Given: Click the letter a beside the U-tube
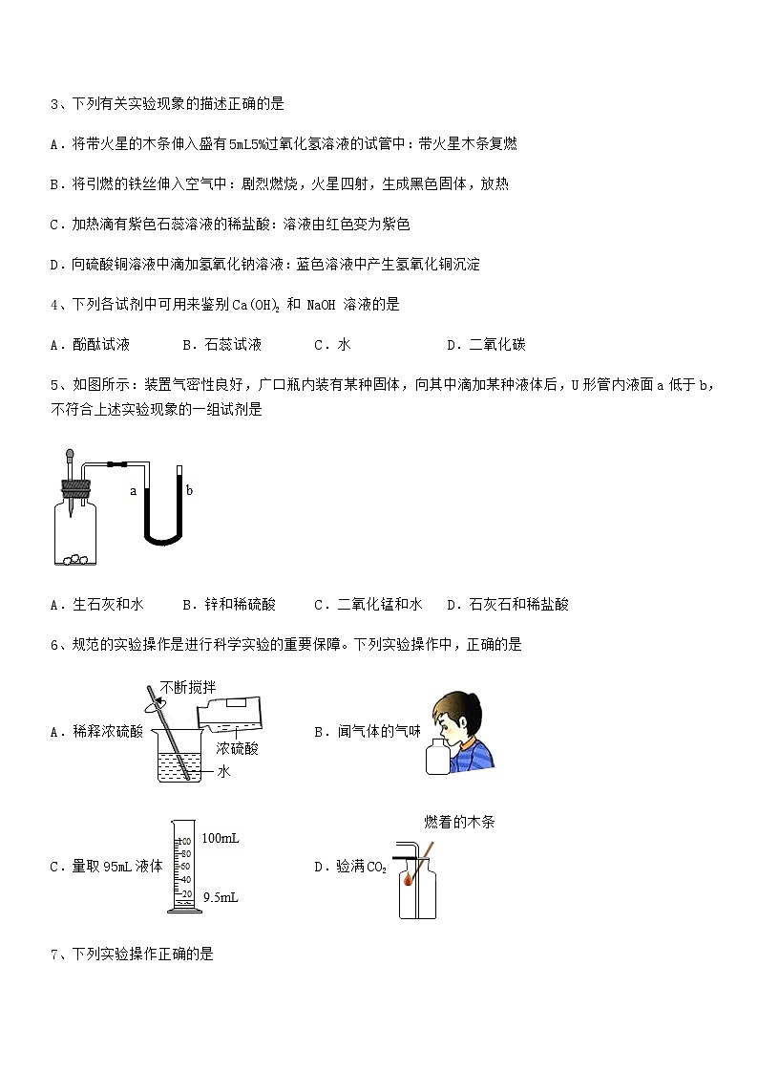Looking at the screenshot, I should click(135, 491).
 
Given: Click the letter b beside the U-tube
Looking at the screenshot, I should click(189, 490).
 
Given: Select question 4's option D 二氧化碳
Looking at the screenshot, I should click(486, 345).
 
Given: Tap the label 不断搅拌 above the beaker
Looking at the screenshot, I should click(187, 687).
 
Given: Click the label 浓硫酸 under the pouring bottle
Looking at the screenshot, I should click(238, 748).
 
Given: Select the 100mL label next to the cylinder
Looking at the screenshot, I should click(220, 838).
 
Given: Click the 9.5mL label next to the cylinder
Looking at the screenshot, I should click(220, 898).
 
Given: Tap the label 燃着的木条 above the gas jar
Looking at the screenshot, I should click(459, 822).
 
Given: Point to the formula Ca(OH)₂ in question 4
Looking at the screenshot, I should click(257, 305).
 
